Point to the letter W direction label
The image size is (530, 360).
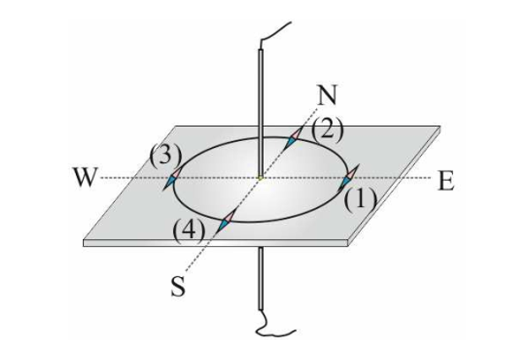tap(85, 179)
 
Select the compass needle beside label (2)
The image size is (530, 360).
tap(292, 140)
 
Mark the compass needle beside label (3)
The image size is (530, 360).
tap(175, 179)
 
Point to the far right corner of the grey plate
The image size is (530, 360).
tap(440, 128)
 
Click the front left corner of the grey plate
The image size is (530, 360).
tap(85, 242)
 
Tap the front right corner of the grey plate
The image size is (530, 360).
tap(350, 243)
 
